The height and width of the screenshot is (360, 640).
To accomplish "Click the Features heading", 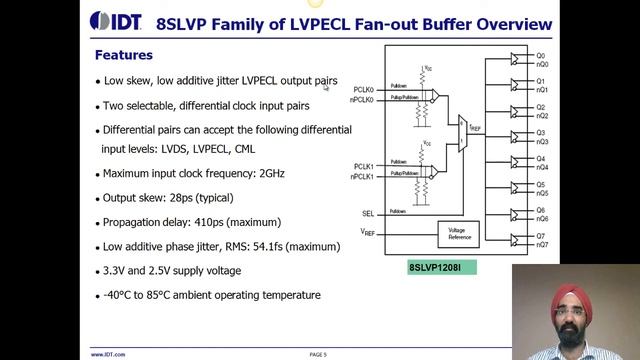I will click(x=123, y=55).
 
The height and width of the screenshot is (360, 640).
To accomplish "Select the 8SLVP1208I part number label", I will click(x=441, y=268).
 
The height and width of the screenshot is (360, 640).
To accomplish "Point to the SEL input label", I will click(x=367, y=213).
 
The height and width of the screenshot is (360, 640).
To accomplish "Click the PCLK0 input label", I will click(x=363, y=90).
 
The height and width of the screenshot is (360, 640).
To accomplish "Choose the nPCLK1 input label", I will click(x=362, y=176).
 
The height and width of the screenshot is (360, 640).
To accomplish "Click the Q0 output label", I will click(x=540, y=55).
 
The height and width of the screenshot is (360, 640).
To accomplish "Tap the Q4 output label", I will click(x=540, y=159).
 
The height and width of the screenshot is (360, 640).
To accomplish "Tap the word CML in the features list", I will click(x=245, y=149).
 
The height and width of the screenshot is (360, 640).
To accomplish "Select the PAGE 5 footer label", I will click(x=319, y=354).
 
